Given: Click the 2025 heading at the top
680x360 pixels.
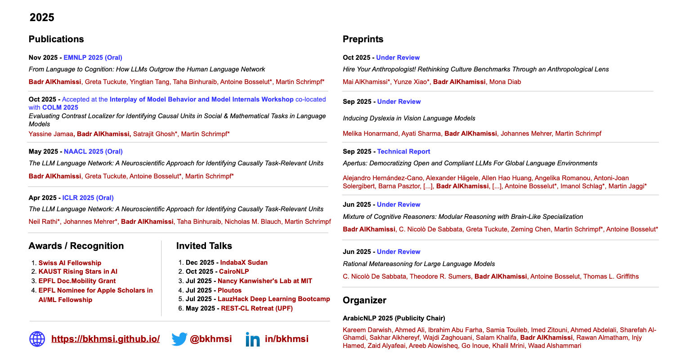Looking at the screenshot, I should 42,18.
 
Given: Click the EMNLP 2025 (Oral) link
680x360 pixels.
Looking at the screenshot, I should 93,58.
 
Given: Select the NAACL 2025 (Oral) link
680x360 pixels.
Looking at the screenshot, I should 93,151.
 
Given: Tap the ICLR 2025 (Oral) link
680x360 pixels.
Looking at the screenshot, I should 88,198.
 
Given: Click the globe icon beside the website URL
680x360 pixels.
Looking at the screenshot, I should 37,339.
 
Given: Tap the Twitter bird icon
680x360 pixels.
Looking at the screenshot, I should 179,339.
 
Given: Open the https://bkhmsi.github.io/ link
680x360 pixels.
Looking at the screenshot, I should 106,339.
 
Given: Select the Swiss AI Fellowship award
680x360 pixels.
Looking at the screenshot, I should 70,263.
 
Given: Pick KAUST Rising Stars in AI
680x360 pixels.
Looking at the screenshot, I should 78,271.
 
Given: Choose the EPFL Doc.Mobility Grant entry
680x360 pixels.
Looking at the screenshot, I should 77,281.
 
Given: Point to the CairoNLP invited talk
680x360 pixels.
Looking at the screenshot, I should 233,271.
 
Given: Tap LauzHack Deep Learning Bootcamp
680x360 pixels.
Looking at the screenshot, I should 273,299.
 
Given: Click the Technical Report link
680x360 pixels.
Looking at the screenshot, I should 403,151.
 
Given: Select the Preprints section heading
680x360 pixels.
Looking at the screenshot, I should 363,39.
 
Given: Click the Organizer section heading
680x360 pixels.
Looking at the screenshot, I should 364,300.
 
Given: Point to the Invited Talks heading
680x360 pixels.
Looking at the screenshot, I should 204,246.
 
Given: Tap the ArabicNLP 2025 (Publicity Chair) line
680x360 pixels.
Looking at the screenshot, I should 394,318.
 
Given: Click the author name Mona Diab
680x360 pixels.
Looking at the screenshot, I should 505,82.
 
